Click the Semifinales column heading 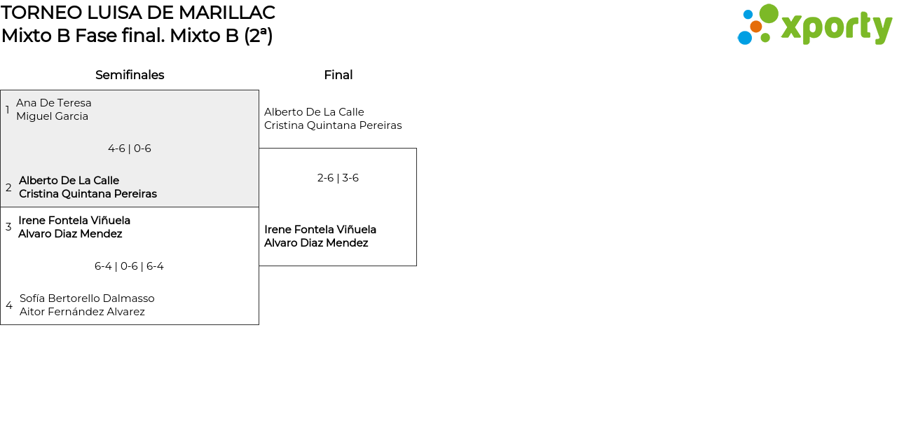coord(130,75)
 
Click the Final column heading coord(338,75)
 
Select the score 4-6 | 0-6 coord(130,149)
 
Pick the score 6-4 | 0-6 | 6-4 coord(129,266)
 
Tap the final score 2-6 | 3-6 coord(338,178)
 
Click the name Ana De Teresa coord(54,103)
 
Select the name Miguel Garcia coord(52,116)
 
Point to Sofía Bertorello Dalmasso coord(87,298)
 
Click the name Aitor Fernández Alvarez coord(82,312)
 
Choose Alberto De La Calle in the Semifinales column coord(69,181)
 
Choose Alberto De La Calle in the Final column coord(314,112)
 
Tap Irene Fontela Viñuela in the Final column coord(320,230)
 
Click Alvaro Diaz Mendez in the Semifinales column coord(70,234)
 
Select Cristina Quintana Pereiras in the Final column coord(333,125)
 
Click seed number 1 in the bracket coord(7,110)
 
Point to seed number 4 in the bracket coord(9,305)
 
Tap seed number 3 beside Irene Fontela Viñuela coord(8,227)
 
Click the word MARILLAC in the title coord(226,13)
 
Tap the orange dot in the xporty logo coord(756,27)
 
